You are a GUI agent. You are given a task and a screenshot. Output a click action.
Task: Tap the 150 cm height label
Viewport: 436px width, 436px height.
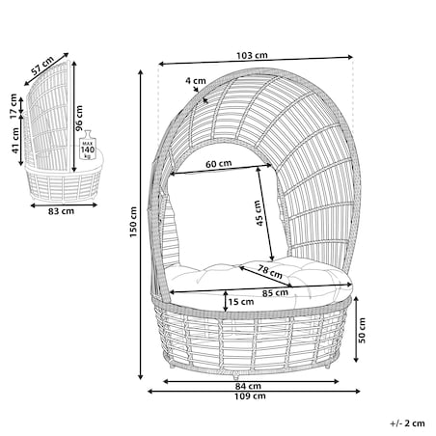[133, 222]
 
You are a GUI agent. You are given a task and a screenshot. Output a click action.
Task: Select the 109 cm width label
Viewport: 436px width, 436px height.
[250, 395]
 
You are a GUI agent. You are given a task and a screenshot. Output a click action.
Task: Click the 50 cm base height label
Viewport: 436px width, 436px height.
[362, 330]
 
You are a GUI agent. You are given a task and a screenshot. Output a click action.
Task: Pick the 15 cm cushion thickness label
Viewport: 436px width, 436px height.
[241, 302]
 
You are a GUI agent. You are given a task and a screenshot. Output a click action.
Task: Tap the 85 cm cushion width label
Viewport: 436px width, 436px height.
[275, 293]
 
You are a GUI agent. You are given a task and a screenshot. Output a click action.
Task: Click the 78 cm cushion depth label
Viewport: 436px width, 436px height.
[270, 272]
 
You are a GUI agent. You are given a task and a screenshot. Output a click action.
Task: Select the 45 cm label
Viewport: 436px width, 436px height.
[259, 213]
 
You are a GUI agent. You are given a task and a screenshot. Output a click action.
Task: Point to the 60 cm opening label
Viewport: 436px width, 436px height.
[219, 164]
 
